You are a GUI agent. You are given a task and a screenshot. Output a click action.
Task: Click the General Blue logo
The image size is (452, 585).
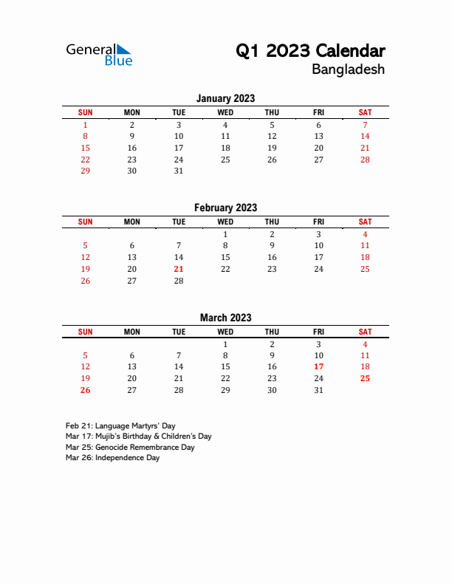pos(99,54)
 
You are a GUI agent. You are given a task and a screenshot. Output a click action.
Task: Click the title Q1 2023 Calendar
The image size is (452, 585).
pos(309,51)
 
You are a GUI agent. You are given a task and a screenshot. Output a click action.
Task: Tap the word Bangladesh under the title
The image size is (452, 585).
pos(348,70)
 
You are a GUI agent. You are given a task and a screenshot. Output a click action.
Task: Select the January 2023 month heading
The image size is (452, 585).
pos(225,98)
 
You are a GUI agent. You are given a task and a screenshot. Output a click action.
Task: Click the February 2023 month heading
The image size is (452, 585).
pos(225,208)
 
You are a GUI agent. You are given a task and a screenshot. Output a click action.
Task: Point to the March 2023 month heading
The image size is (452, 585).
pos(225,318)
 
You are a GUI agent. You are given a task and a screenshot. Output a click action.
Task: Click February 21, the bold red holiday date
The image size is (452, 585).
pos(179,269)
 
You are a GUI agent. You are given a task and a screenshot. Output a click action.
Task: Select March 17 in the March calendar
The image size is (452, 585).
pos(318,366)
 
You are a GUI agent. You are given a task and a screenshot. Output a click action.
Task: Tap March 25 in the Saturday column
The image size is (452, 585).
pos(365,378)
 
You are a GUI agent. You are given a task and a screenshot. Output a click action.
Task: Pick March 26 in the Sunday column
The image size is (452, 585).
pos(85,390)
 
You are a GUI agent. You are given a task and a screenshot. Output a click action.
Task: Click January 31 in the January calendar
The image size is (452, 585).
pos(179,171)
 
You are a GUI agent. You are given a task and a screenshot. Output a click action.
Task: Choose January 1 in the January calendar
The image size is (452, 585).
pos(85,125)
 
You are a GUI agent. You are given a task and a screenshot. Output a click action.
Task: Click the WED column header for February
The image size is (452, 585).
pos(225,222)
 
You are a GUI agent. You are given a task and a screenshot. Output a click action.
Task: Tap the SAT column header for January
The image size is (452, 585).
pos(365,112)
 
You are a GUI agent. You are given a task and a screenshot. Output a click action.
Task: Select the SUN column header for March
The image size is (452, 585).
pos(85,332)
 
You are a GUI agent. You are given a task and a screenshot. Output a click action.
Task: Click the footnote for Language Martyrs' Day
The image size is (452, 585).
pos(120,426)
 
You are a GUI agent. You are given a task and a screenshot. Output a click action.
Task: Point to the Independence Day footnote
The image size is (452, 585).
pos(112,458)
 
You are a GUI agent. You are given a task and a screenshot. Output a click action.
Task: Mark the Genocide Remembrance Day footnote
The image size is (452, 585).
pos(130,447)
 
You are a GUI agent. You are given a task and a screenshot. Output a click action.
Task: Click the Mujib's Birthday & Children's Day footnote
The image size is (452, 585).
pos(138,437)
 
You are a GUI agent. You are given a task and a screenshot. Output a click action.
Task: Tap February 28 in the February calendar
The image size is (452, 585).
pos(179,281)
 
